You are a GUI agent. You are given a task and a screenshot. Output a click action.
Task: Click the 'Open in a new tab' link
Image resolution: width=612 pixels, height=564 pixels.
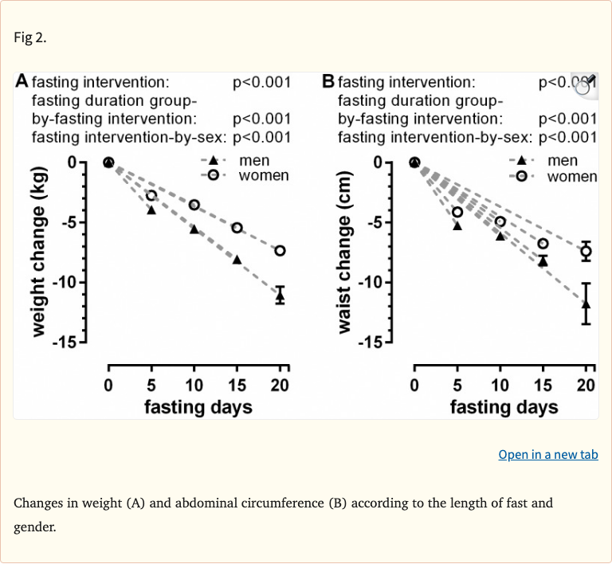(x=547, y=454)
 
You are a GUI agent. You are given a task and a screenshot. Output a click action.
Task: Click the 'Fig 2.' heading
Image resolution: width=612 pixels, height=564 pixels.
(x=30, y=37)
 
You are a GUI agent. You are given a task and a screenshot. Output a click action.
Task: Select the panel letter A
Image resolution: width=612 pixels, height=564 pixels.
(x=22, y=81)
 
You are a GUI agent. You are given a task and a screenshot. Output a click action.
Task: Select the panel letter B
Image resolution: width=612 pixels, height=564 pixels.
(x=328, y=81)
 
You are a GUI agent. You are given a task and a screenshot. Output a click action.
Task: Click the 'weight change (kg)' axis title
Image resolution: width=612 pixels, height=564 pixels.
(x=41, y=252)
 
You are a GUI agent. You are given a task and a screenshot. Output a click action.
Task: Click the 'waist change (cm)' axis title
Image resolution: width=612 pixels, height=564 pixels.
(x=345, y=252)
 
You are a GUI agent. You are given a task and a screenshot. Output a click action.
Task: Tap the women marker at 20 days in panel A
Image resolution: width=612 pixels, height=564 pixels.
(x=280, y=250)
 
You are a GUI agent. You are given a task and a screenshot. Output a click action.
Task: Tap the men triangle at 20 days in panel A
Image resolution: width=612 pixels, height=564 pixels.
(x=280, y=296)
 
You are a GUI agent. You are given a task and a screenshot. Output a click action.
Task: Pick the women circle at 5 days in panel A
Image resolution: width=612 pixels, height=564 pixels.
(x=151, y=195)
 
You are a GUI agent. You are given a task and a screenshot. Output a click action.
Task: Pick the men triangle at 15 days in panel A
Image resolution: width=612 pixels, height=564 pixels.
(x=237, y=259)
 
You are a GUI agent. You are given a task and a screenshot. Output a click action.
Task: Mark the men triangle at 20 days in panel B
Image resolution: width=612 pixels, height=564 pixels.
(x=586, y=303)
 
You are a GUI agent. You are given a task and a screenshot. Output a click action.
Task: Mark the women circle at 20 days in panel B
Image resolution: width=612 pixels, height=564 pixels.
(x=586, y=251)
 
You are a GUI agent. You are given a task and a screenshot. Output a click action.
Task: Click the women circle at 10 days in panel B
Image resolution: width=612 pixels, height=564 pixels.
(x=500, y=221)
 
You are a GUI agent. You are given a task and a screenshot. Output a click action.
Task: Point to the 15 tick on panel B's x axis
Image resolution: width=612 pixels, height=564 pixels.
(x=543, y=386)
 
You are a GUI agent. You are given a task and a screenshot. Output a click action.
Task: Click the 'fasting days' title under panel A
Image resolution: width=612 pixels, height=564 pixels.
(x=198, y=407)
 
